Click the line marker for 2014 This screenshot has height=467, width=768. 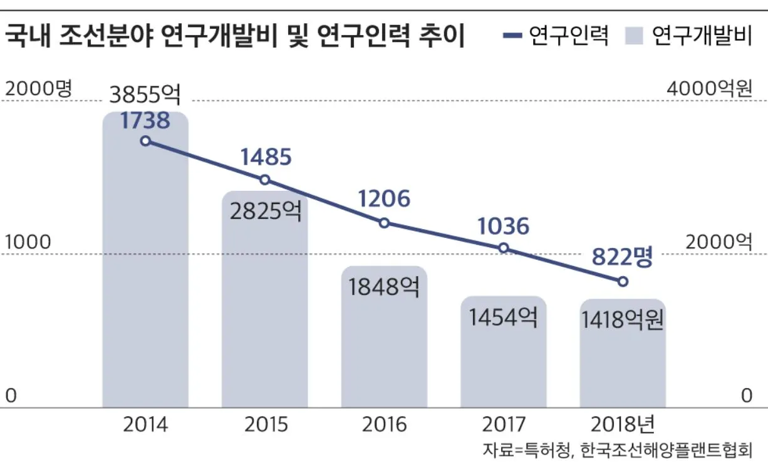(145, 141)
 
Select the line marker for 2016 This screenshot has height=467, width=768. (385, 223)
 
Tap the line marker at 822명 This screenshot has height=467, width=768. (623, 282)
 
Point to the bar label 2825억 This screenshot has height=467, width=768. (265, 212)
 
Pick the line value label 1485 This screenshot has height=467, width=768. (266, 157)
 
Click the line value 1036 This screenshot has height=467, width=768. (503, 226)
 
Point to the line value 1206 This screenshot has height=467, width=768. (384, 199)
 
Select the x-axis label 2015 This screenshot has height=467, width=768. (266, 424)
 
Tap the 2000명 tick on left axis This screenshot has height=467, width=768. (39, 89)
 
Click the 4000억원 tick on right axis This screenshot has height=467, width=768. (708, 89)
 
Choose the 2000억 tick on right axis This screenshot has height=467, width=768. (718, 242)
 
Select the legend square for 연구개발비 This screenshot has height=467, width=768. (634, 36)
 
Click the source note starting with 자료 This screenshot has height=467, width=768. (616, 450)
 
